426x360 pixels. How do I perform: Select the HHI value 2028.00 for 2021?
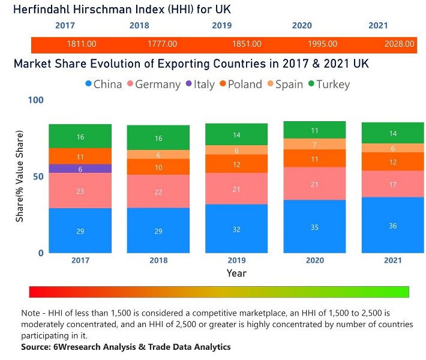coord(400,44)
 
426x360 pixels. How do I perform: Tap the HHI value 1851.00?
coord(247,44)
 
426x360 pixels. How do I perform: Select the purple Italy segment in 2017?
coord(80,169)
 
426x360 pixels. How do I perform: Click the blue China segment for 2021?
coord(392,225)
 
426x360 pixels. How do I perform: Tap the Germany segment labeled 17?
coord(392,184)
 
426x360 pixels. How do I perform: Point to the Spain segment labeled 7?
coord(314,144)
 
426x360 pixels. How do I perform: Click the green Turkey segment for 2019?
coord(236,134)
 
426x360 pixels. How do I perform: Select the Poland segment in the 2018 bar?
coord(158,167)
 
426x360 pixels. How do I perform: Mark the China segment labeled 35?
coord(314,227)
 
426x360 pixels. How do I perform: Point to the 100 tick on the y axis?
coord(36,100)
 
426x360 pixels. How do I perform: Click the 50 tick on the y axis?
coord(38,176)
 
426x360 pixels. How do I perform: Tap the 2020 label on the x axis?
coord(314,260)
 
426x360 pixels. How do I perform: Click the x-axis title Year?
coord(236,273)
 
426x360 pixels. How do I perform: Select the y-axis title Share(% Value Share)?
coord(20,176)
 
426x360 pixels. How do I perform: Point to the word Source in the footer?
coord(37,347)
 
